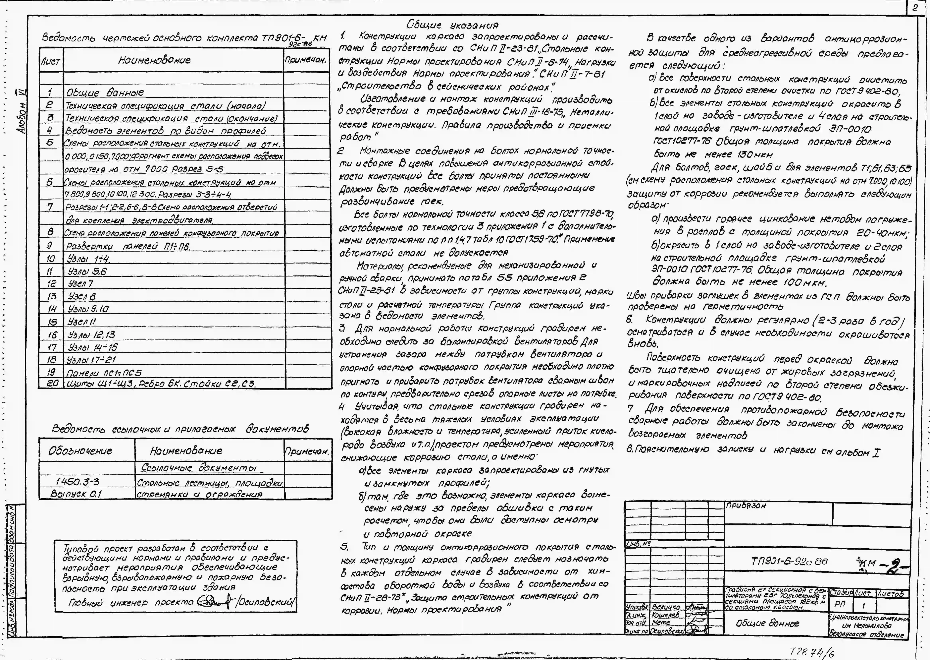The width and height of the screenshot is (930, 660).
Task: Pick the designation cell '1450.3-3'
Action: point(77,482)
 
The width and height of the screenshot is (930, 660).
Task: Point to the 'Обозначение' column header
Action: point(80,451)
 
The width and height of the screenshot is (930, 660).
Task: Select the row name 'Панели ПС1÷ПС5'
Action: point(104,372)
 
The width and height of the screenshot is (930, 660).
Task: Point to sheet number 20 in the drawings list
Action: point(52,383)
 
